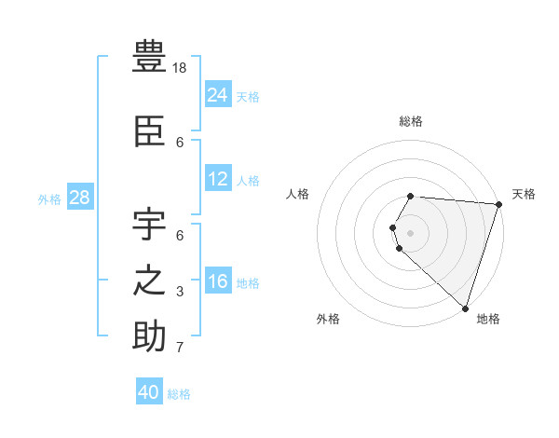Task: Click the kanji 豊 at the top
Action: pyautogui.click(x=149, y=57)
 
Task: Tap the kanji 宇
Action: pyautogui.click(x=149, y=225)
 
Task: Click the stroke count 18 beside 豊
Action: pyautogui.click(x=181, y=68)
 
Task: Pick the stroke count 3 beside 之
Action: pyautogui.click(x=180, y=292)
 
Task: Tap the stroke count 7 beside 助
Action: pyautogui.click(x=180, y=348)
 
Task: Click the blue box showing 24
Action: pyautogui.click(x=217, y=94)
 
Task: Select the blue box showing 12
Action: pyautogui.click(x=217, y=178)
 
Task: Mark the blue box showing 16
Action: pyautogui.click(x=217, y=281)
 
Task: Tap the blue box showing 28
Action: pyautogui.click(x=79, y=197)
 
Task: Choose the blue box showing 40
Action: pyautogui.click(x=149, y=392)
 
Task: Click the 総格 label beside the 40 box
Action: pyautogui.click(x=179, y=394)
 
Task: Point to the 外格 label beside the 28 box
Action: pyautogui.click(x=49, y=198)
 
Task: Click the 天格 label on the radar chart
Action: pyautogui.click(x=524, y=194)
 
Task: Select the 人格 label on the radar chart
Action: pyautogui.click(x=297, y=194)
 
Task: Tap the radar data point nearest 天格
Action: pyautogui.click(x=498, y=204)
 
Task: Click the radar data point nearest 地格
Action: pyautogui.click(x=465, y=308)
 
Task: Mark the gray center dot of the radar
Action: pyautogui.click(x=410, y=233)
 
